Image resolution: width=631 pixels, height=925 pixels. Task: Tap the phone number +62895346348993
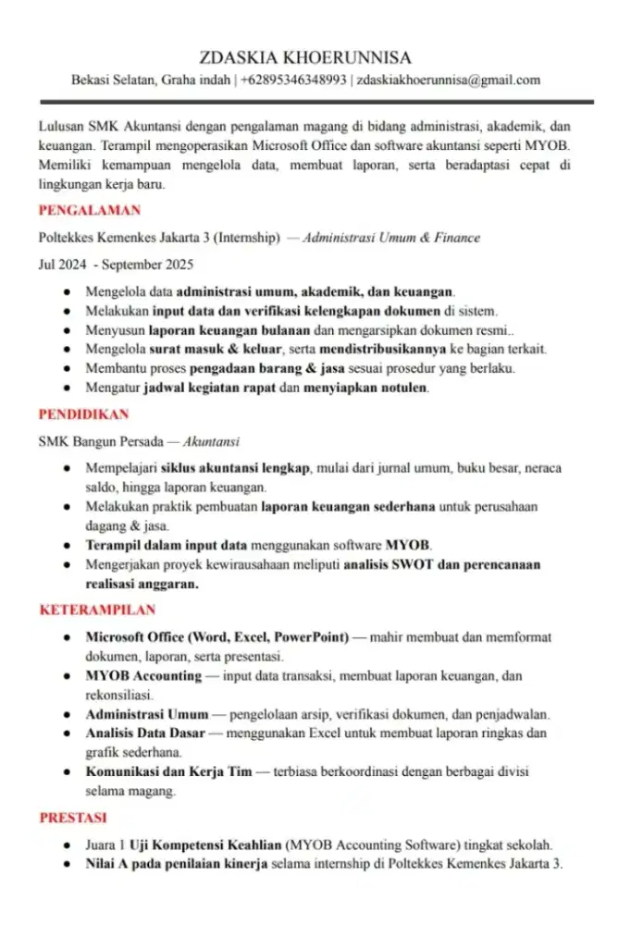click(x=293, y=80)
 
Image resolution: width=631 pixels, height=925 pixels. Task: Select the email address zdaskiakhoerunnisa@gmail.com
click(x=449, y=80)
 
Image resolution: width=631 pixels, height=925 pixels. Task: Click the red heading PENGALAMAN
click(x=90, y=210)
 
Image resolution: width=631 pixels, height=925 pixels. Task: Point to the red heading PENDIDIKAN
click(x=83, y=413)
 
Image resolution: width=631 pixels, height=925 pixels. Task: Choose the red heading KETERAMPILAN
click(x=97, y=610)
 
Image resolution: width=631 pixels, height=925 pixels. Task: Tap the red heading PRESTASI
click(x=73, y=818)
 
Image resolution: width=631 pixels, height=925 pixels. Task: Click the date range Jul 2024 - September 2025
click(x=116, y=265)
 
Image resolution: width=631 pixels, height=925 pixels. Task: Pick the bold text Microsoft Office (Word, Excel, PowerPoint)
click(x=217, y=637)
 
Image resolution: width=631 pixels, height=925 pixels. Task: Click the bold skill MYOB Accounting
click(x=143, y=675)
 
